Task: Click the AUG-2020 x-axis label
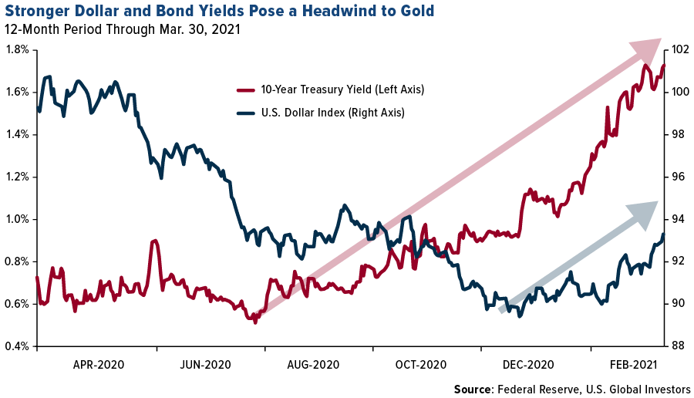tap(313, 363)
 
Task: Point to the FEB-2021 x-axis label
tap(635, 363)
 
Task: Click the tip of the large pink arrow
tap(660, 40)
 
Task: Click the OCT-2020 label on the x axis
tap(420, 363)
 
